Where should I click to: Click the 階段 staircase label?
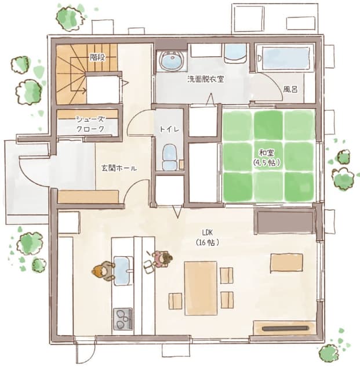tap(97, 57)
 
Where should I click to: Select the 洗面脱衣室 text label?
tap(206, 79)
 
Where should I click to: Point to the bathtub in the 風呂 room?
tap(286, 58)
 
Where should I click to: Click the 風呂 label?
tap(290, 89)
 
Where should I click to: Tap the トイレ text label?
tap(169, 129)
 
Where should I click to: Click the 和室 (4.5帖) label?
tap(267, 158)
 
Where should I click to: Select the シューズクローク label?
tap(90, 124)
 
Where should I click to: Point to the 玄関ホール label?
tap(119, 168)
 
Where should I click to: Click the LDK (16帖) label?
tap(208, 238)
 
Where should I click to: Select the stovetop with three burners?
tap(123, 319)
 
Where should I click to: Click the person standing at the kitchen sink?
tap(103, 271)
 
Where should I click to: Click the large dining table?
tap(201, 288)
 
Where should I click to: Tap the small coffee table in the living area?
tap(287, 263)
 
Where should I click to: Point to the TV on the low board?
tap(285, 328)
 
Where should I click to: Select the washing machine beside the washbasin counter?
tap(235, 53)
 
